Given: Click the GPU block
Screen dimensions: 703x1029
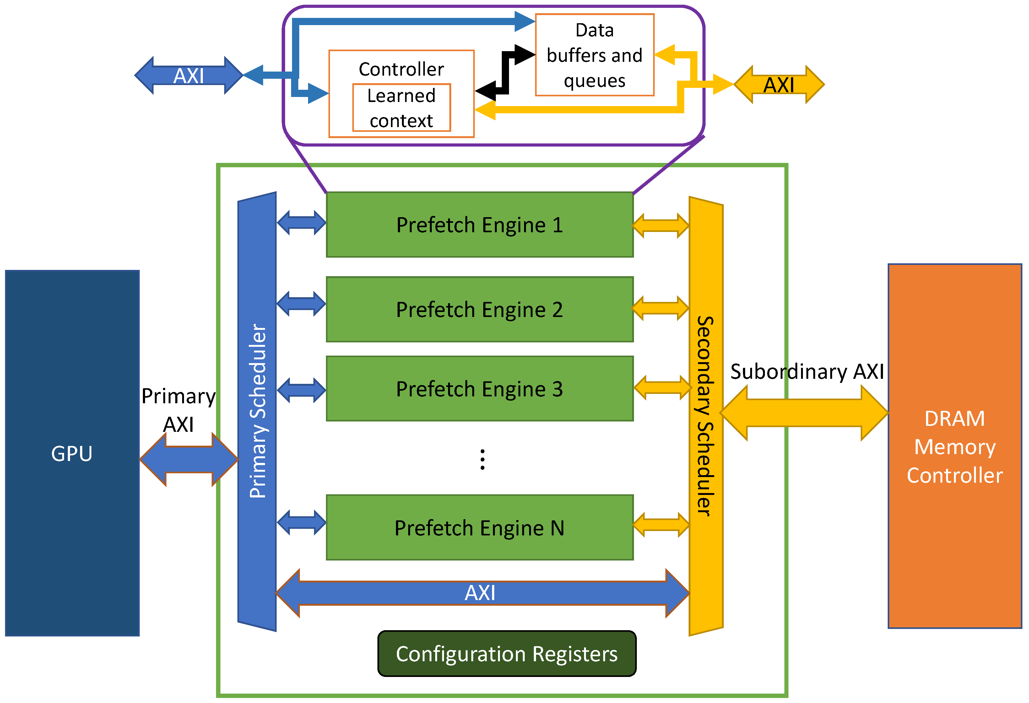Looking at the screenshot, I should coord(72,453).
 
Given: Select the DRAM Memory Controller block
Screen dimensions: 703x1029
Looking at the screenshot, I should coord(954,446).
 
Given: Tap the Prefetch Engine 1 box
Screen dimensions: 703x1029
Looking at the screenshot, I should coord(479,225).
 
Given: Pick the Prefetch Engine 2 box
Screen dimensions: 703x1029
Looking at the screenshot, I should coord(479,309).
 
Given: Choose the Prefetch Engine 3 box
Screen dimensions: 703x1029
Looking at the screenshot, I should coord(479,389).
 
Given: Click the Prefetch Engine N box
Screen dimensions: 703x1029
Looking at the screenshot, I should coord(479,527).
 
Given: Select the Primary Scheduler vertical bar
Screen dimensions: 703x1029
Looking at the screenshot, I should coord(257,411).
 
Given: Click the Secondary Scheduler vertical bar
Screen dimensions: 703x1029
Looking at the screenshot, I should coord(706,416).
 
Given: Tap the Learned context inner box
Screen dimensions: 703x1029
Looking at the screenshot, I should coord(401,108).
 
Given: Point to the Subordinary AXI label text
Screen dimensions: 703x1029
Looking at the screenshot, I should coord(807,371).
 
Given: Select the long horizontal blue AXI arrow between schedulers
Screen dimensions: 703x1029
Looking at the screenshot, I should coord(482,593).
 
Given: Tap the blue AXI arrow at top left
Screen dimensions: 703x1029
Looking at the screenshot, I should coord(189,75).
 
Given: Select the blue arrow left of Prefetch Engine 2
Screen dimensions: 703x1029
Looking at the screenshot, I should coord(301,304).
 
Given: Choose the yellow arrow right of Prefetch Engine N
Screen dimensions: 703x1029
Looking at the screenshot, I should coord(661,525).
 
